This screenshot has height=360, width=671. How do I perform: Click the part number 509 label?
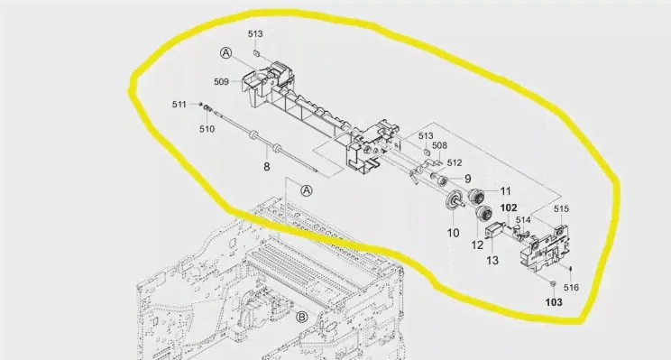pyautogui.click(x=221, y=82)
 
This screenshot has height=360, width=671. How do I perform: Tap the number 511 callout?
pyautogui.click(x=179, y=105)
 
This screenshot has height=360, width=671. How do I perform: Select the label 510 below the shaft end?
pyautogui.click(x=207, y=129)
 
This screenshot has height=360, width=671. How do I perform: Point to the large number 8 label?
pyautogui.click(x=267, y=167)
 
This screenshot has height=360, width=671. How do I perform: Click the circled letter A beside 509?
pyautogui.click(x=226, y=53)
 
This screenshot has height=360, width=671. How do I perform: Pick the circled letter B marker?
pyautogui.click(x=302, y=318)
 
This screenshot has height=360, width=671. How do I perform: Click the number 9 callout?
pyautogui.click(x=468, y=179)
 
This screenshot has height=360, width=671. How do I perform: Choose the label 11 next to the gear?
pyautogui.click(x=505, y=191)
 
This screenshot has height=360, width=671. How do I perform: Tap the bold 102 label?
pyautogui.click(x=509, y=208)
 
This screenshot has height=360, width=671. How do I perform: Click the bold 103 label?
pyautogui.click(x=554, y=302)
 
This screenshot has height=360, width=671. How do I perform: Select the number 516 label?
pyautogui.click(x=571, y=288)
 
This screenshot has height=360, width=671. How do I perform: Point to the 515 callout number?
pyautogui.click(x=562, y=209)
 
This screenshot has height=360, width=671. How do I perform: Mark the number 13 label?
pyautogui.click(x=492, y=260)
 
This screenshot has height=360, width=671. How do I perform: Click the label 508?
pyautogui.click(x=439, y=145)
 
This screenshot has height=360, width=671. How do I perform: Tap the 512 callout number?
pyautogui.click(x=455, y=163)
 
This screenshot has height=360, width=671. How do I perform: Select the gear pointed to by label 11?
pyautogui.click(x=476, y=197)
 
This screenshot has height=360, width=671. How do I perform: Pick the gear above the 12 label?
pyautogui.click(x=483, y=213)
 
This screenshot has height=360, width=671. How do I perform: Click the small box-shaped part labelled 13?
pyautogui.click(x=493, y=230)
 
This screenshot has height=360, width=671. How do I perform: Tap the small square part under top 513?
pyautogui.click(x=256, y=52)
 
